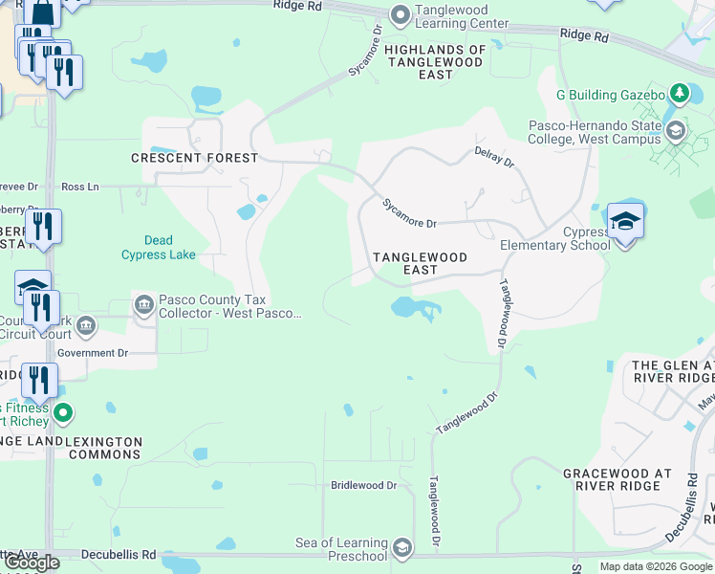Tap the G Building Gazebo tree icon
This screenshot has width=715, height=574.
(680, 94)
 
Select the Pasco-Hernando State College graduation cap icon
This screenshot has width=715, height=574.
(676, 131)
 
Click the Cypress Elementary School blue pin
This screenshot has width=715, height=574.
(624, 223)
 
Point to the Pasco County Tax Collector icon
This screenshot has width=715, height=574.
(144, 305)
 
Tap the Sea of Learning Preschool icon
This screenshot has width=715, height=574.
(402, 548)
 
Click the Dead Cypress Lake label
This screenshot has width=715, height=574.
(159, 248)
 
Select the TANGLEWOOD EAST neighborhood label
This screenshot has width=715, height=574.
(420, 264)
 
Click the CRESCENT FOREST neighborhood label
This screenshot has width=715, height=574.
(194, 158)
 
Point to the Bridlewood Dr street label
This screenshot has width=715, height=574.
(363, 485)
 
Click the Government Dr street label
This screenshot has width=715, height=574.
(93, 353)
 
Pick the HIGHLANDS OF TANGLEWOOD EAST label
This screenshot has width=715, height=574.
(436, 61)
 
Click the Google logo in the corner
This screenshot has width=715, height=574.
(32, 563)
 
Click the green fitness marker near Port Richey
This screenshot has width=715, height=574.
(63, 414)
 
